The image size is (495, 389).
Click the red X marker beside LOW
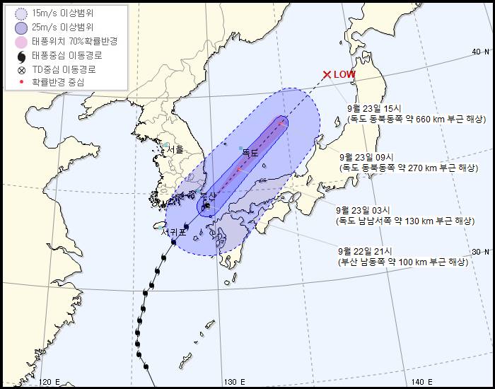(327, 74)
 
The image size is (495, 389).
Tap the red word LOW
(345, 74)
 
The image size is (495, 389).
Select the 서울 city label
(174, 149)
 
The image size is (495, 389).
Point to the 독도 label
(250, 152)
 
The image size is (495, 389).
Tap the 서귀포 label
(173, 231)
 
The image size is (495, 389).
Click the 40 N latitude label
(481, 52)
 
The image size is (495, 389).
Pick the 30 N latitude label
(481, 252)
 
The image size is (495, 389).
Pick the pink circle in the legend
(21, 42)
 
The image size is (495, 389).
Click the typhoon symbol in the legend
(21, 56)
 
